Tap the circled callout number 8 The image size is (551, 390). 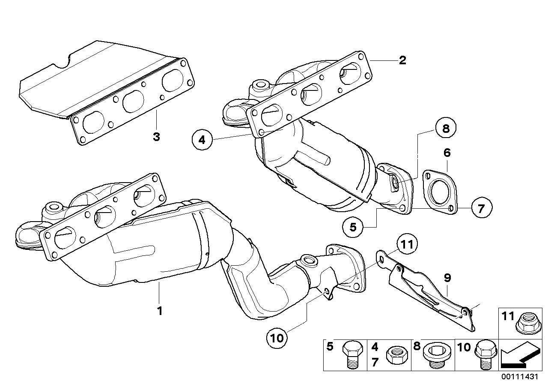[446, 129]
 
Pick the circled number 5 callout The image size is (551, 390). [353, 227]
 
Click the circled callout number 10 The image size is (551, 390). [277, 338]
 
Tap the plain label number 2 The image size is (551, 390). [402, 60]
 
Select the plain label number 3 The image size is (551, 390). [156, 137]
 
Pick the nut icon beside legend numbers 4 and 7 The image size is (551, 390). [393, 355]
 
